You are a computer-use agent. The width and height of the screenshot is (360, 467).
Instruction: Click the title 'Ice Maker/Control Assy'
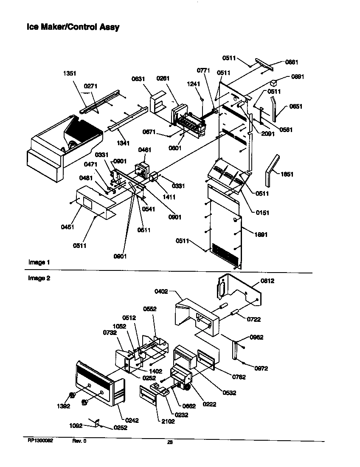coord(73,27)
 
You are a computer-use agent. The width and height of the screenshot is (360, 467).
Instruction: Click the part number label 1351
coord(70,73)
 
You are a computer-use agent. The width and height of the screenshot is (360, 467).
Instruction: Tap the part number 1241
coord(193,84)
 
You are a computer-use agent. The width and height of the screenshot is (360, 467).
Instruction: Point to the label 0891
coord(297,77)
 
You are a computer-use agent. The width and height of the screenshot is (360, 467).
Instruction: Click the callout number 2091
coord(268,133)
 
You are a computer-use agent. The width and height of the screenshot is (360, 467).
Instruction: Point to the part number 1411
coord(169,197)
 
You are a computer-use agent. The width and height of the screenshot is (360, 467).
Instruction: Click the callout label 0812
coord(267,281)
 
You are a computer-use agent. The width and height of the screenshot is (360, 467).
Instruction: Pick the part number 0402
coord(162,291)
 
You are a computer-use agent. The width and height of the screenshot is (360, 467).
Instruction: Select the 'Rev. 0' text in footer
coord(79,441)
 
